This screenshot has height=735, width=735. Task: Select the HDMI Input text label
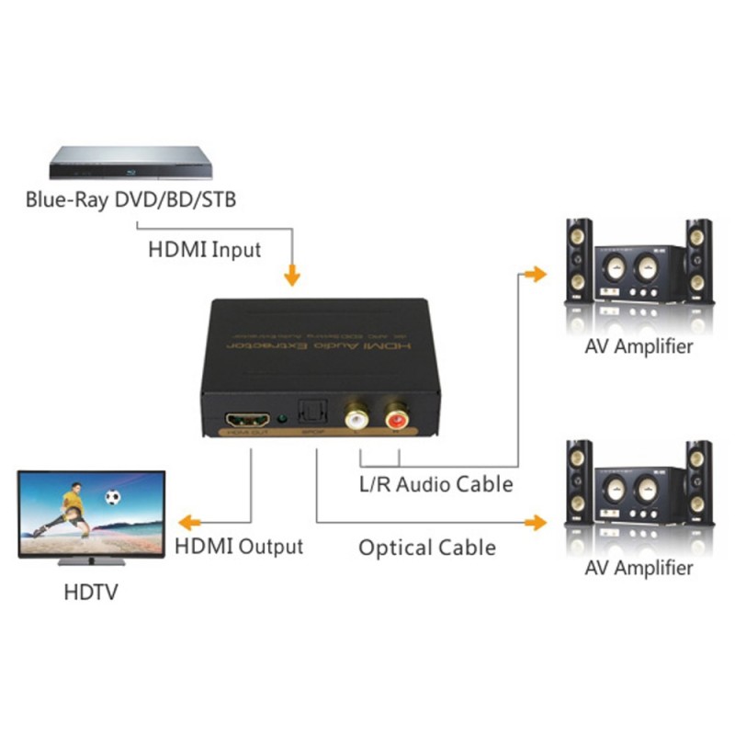(204, 249)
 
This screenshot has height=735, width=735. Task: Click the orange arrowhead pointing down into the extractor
(292, 275)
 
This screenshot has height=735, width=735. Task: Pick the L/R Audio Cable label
(435, 483)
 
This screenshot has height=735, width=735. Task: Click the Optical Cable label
(427, 548)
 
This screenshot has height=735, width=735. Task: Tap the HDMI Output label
(239, 546)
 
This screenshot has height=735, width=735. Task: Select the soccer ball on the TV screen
(113, 498)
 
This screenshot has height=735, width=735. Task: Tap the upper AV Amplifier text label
(639, 346)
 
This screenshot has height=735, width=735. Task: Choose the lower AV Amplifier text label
(639, 568)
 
